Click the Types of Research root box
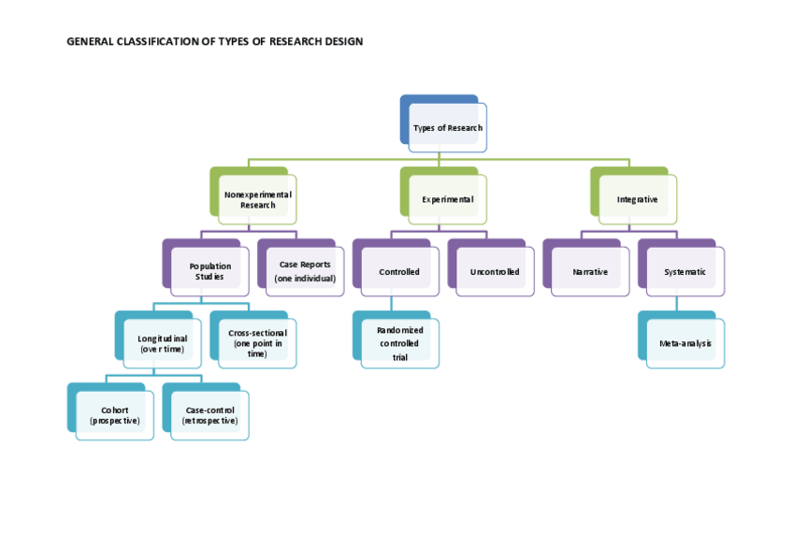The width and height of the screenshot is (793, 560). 447,127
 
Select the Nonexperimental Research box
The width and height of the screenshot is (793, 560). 257,199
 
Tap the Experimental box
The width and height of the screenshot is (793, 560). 447,199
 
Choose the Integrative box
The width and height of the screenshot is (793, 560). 637,199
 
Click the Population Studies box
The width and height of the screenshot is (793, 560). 209,271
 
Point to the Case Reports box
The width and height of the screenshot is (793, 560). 305,271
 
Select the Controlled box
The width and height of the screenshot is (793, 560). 399,271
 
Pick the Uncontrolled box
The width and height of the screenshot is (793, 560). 495,271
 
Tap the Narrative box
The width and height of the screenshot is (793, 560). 590,271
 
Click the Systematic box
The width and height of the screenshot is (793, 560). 685,271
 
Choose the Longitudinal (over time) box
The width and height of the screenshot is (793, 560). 163,343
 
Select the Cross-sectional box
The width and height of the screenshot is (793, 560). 257,343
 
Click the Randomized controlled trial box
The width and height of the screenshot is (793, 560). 399,343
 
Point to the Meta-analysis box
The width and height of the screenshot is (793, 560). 685,343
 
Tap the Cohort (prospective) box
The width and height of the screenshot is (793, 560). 115,415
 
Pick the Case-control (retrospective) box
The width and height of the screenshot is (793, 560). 209,415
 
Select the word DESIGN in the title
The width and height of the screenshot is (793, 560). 342,41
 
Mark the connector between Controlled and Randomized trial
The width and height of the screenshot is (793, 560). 391,304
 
